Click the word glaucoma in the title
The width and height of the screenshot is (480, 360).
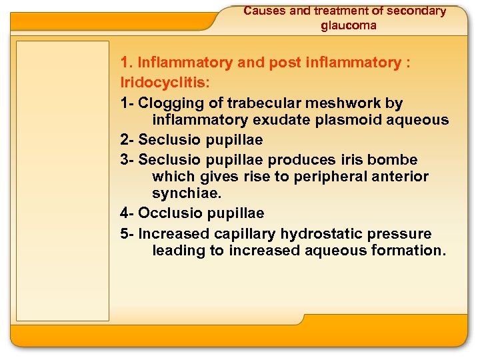pos(348,25)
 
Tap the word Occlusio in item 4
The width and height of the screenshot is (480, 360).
pos(167,213)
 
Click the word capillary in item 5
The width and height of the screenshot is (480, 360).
pos(245,233)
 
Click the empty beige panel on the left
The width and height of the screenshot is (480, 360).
pos(63,180)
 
